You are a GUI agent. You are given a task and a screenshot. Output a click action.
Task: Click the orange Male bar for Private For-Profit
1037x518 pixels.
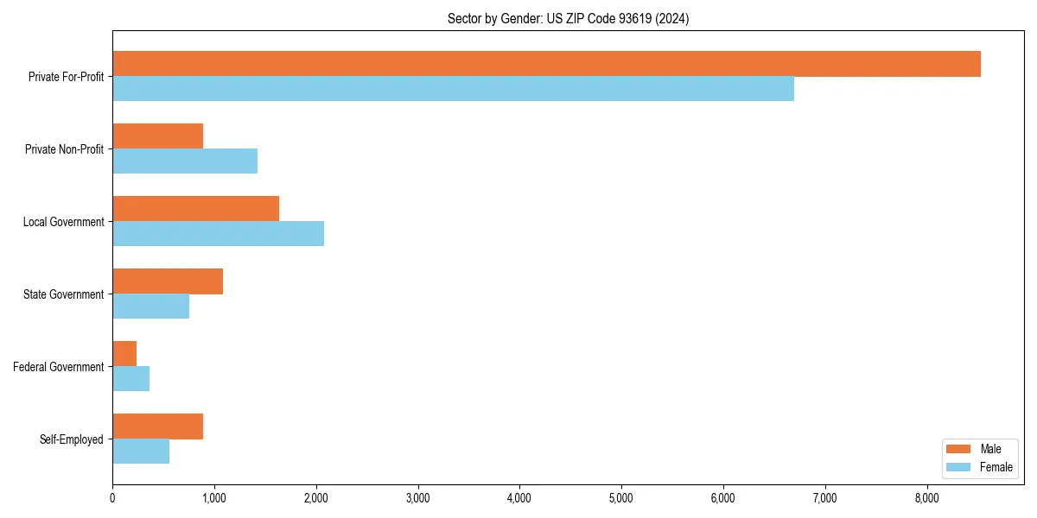coord(546,64)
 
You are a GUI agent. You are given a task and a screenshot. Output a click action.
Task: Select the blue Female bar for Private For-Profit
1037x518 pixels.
coord(453,89)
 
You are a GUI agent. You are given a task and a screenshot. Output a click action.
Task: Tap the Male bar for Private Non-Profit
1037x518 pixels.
coord(157,136)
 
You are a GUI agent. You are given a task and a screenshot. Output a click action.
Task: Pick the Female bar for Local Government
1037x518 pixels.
coord(218,233)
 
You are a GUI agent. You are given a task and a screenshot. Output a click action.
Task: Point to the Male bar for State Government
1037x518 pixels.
coord(168,281)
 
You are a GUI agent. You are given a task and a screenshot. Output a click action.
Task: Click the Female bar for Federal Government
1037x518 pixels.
coord(130,379)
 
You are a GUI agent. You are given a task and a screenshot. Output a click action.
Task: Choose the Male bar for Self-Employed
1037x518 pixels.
coord(157,426)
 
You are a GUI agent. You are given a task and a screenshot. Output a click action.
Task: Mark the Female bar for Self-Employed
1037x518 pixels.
coord(141,452)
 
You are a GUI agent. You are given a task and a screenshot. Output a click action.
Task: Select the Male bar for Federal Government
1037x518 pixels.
coord(124,354)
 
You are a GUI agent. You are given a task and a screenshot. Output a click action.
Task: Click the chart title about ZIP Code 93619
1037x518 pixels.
coord(568,18)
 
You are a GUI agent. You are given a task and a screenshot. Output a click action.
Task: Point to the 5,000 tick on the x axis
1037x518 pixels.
coord(621,498)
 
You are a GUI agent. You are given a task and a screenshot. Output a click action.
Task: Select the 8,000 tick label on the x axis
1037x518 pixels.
coord(926,498)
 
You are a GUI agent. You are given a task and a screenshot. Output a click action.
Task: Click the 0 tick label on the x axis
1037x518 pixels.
coord(112,498)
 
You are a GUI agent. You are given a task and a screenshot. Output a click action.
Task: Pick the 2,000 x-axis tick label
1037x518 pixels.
coord(316,498)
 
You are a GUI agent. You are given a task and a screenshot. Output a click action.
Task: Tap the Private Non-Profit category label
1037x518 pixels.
coord(64,149)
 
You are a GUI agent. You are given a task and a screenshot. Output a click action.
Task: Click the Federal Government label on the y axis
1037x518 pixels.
coord(58,367)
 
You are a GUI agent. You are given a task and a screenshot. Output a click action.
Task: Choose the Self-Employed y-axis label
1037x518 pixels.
coord(71,439)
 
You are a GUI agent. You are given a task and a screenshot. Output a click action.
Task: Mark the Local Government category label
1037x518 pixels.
coord(63,222)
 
